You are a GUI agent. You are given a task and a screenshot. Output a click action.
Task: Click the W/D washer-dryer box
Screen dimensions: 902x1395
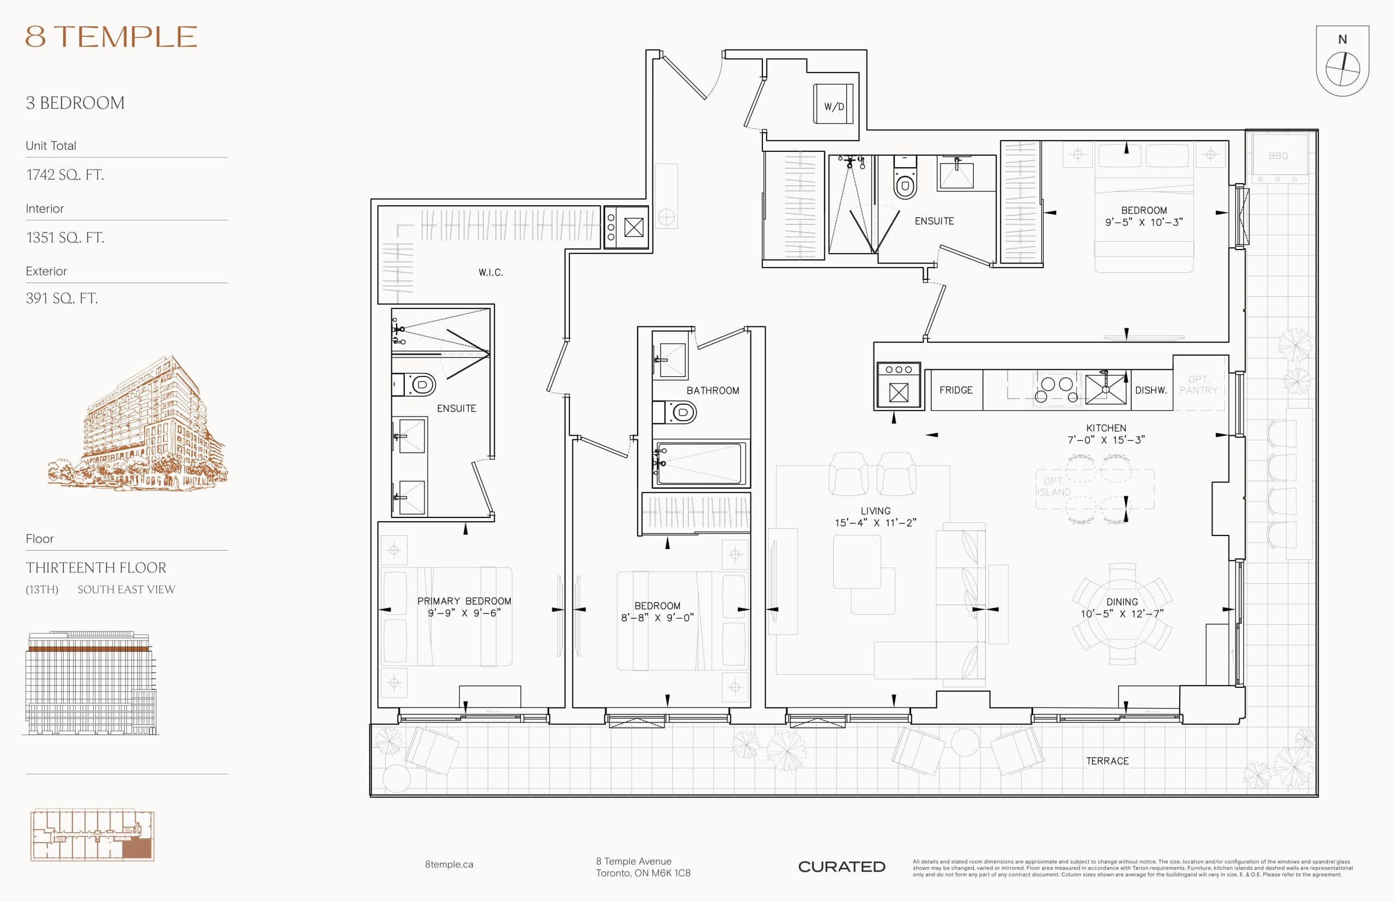click(x=833, y=104)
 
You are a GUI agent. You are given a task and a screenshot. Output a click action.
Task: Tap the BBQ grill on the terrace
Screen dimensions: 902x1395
click(x=1278, y=156)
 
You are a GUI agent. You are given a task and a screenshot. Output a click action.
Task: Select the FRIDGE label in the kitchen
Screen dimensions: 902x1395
click(x=956, y=390)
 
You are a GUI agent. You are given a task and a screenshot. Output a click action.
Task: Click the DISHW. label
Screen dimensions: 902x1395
click(x=1151, y=390)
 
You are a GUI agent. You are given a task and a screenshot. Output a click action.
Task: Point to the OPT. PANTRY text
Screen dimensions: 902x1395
click(x=1198, y=385)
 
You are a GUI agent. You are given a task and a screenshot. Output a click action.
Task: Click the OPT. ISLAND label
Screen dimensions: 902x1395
click(x=1053, y=487)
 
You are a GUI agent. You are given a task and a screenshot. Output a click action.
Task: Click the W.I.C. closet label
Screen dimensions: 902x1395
click(x=490, y=272)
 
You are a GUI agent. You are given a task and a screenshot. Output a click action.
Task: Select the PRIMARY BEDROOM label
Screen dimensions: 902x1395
click(x=464, y=601)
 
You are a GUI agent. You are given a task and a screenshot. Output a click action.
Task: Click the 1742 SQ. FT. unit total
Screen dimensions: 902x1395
click(x=65, y=174)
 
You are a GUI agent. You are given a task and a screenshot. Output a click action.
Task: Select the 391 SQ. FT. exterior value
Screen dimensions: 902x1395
click(x=62, y=298)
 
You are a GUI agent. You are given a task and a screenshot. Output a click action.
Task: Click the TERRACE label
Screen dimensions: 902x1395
click(x=1107, y=761)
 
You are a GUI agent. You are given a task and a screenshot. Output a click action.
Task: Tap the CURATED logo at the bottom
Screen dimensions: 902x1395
click(x=841, y=867)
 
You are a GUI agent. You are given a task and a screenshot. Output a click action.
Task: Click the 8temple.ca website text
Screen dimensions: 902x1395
click(x=449, y=864)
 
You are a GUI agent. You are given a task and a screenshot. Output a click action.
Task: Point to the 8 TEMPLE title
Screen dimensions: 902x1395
click(x=111, y=37)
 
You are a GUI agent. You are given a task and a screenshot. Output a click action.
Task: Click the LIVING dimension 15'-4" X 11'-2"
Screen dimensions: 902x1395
click(x=875, y=522)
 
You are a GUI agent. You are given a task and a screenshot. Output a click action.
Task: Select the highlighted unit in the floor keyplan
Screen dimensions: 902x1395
click(x=137, y=848)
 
